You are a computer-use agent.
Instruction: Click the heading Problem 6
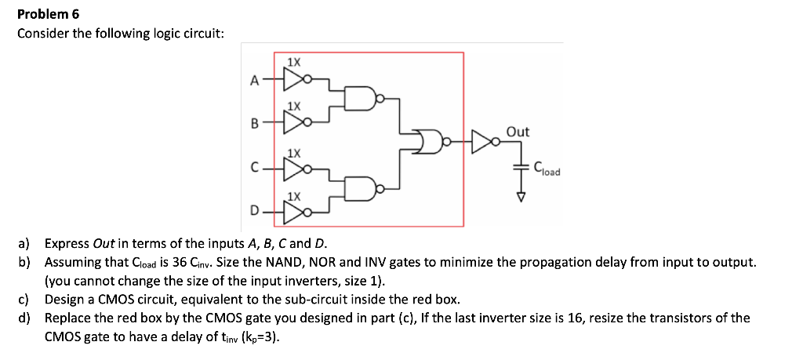[49, 14]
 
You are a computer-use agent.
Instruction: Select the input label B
[253, 123]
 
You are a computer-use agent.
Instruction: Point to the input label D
[253, 210]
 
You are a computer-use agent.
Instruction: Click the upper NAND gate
[365, 100]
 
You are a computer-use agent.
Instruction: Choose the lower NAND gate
[365, 188]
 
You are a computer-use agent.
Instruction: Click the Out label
[518, 132]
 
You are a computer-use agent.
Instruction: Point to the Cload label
[547, 167]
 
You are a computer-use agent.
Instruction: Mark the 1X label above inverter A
[292, 61]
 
